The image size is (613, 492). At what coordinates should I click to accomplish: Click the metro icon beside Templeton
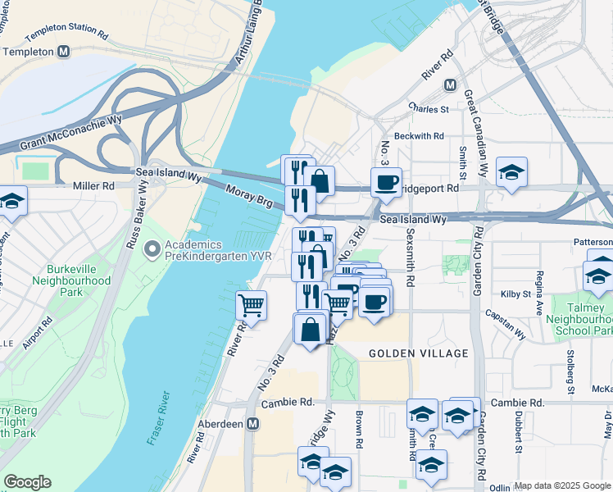click(63, 52)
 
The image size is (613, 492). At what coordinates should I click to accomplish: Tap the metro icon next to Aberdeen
click(253, 424)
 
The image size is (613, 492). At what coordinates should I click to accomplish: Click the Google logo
click(27, 482)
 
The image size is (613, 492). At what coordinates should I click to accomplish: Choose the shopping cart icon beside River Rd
click(252, 306)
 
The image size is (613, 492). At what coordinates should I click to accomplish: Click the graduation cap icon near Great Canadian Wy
click(511, 171)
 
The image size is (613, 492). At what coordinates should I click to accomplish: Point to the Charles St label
click(429, 108)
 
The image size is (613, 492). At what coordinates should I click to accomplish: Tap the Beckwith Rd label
click(418, 136)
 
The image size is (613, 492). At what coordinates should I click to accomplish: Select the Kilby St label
click(516, 294)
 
